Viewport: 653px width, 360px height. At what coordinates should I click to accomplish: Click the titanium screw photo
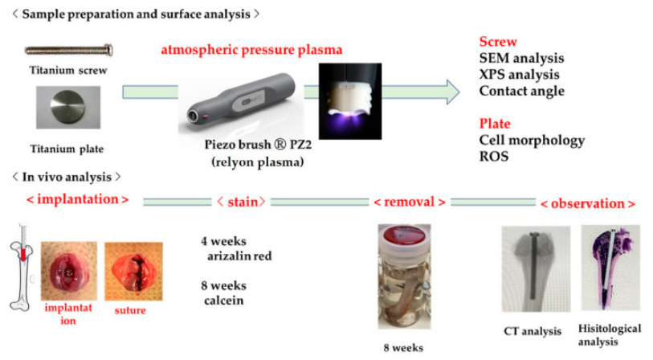(x=69, y=51)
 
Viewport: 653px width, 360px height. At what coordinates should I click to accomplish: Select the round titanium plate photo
(x=68, y=107)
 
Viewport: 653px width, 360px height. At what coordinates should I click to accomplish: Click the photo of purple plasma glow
(x=350, y=101)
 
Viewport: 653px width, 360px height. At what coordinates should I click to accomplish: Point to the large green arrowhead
(x=453, y=92)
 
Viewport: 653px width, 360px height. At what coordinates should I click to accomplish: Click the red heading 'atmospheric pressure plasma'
(x=251, y=50)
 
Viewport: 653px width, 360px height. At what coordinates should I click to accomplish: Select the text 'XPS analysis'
(x=520, y=74)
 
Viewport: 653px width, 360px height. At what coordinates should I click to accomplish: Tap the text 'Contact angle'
(x=522, y=91)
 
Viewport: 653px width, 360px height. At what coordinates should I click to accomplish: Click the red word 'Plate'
(x=495, y=123)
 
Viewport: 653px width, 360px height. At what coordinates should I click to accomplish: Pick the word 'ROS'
(x=494, y=156)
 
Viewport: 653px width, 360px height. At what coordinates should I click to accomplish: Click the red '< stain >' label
(x=241, y=202)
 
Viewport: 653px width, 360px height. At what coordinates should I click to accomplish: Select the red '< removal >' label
(x=410, y=202)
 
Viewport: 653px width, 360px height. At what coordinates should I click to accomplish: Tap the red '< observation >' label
(x=588, y=204)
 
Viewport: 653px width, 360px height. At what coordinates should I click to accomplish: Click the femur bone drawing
(x=22, y=268)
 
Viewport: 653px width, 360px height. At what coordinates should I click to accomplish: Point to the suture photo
(x=133, y=272)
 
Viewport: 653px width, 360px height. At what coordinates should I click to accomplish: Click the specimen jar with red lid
(x=404, y=276)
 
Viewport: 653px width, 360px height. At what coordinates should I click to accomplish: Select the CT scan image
(x=536, y=269)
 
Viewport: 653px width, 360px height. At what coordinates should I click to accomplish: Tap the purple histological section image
(x=610, y=268)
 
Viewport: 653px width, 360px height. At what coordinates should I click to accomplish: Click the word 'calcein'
(x=223, y=301)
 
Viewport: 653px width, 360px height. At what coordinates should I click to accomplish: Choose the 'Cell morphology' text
(x=532, y=141)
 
